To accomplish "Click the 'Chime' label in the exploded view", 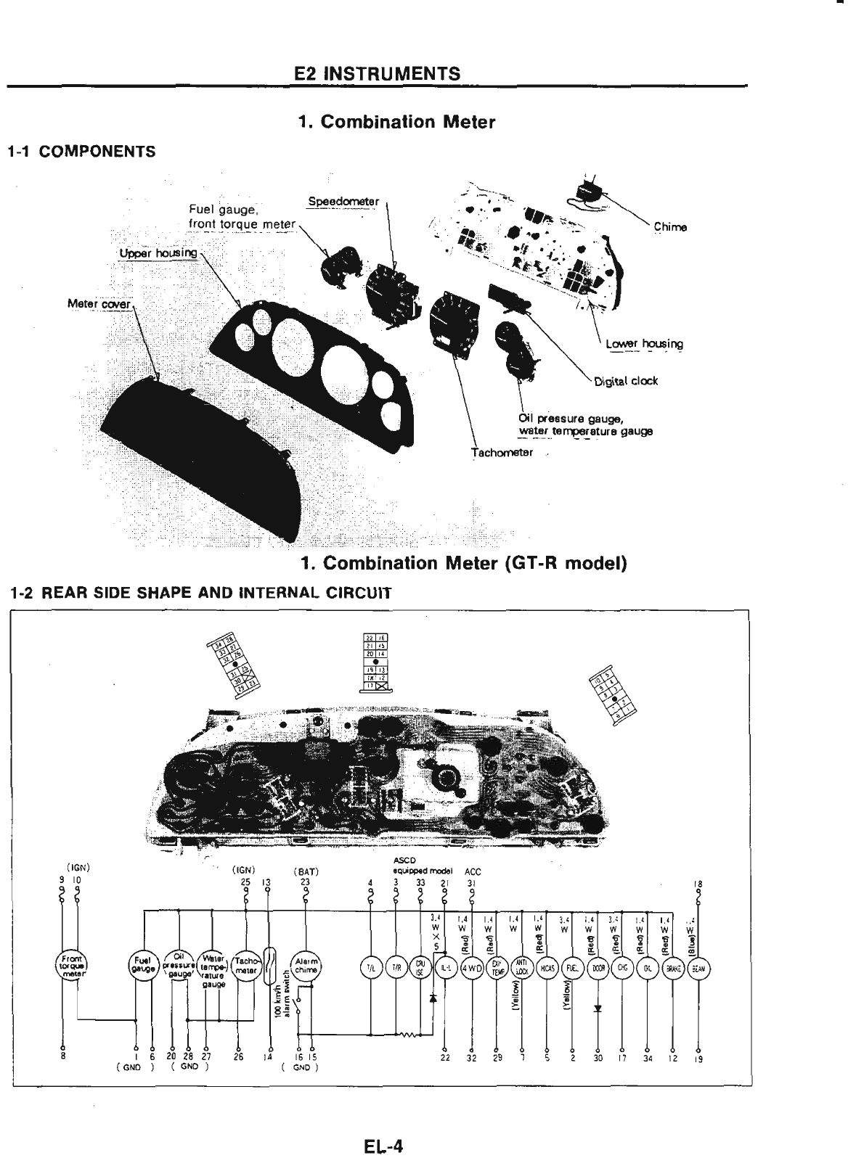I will click(669, 227).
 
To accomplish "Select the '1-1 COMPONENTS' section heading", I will click(81, 152).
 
